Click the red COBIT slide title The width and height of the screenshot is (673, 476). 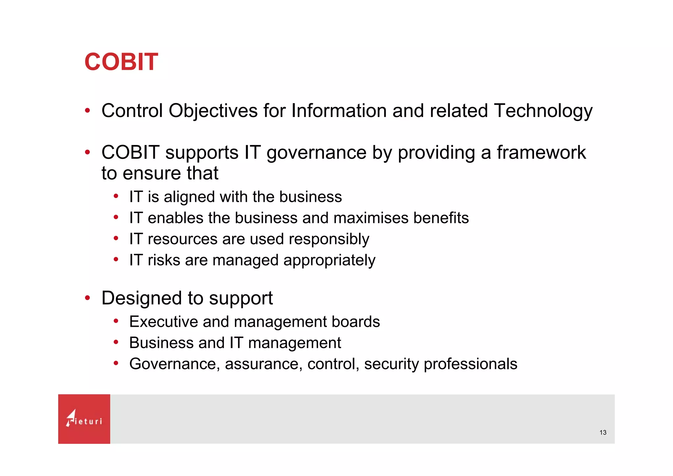pyautogui.click(x=121, y=62)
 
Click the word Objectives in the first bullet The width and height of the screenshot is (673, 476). pyautogui.click(x=213, y=111)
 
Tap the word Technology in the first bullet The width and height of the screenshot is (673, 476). pyautogui.click(x=543, y=111)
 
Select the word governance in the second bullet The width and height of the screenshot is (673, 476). pyautogui.click(x=316, y=153)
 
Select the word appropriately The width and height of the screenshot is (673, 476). pyautogui.click(x=329, y=260)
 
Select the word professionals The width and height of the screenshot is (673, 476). pyautogui.click(x=470, y=364)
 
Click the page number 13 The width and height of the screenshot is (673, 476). pyautogui.click(x=603, y=432)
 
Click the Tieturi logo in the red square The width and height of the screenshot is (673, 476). pyautogui.click(x=84, y=419)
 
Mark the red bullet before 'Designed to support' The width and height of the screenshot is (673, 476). pyautogui.click(x=87, y=298)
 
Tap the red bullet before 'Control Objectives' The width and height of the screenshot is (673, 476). pyautogui.click(x=87, y=110)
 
